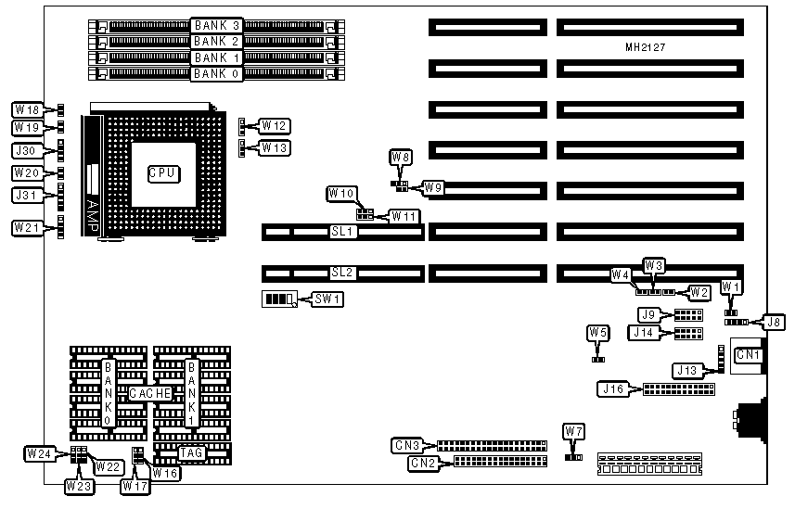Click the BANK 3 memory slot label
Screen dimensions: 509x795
[x=216, y=25]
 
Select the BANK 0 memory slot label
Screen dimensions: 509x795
[x=216, y=72]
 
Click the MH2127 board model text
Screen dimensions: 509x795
[x=646, y=45]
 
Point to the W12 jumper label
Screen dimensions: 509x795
[x=275, y=125]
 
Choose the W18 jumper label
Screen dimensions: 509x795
[x=26, y=110]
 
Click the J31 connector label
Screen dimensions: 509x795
[x=26, y=195]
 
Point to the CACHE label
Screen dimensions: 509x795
[x=149, y=393]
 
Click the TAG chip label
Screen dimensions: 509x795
[x=191, y=453]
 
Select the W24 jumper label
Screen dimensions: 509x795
[x=39, y=453]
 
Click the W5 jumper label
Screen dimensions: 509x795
[x=598, y=332]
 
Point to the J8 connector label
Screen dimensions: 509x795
[x=773, y=322]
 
